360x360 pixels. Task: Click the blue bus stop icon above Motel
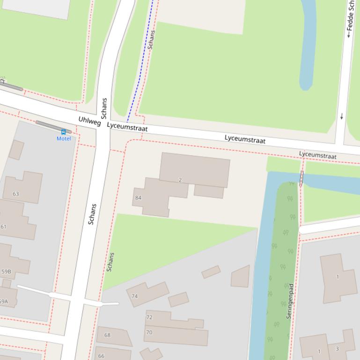64,132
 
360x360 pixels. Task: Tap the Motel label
64,138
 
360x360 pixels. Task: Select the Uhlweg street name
89,121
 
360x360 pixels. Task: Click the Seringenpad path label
290,301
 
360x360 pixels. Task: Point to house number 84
138,198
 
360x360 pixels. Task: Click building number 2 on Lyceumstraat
180,180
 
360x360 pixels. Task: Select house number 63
16,194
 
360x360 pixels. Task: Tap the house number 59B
6,272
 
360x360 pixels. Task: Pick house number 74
135,296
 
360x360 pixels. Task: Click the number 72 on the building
149,317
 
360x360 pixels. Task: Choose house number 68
107,335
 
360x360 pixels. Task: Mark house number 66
101,356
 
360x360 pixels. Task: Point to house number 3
337,349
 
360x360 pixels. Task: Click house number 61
4,227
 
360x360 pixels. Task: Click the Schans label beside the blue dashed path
151,40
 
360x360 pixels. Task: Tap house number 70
149,333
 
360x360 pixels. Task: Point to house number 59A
3,302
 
